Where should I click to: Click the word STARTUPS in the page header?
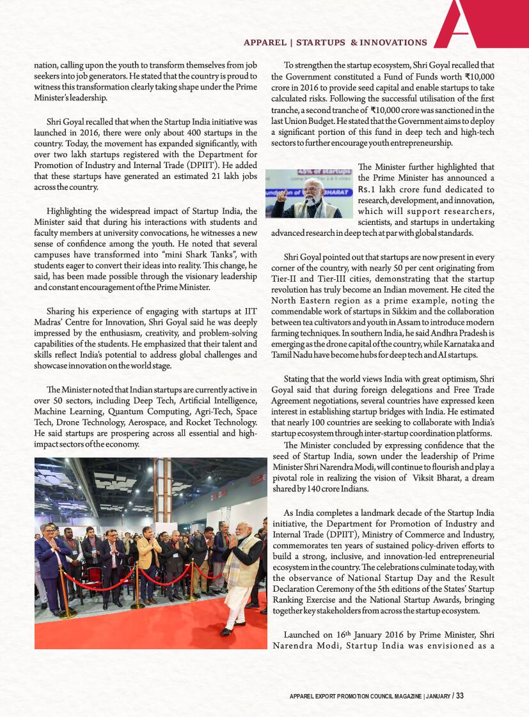pos(321,43)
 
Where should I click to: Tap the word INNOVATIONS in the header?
pos(393,43)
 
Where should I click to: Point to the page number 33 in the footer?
pos(459,695)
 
